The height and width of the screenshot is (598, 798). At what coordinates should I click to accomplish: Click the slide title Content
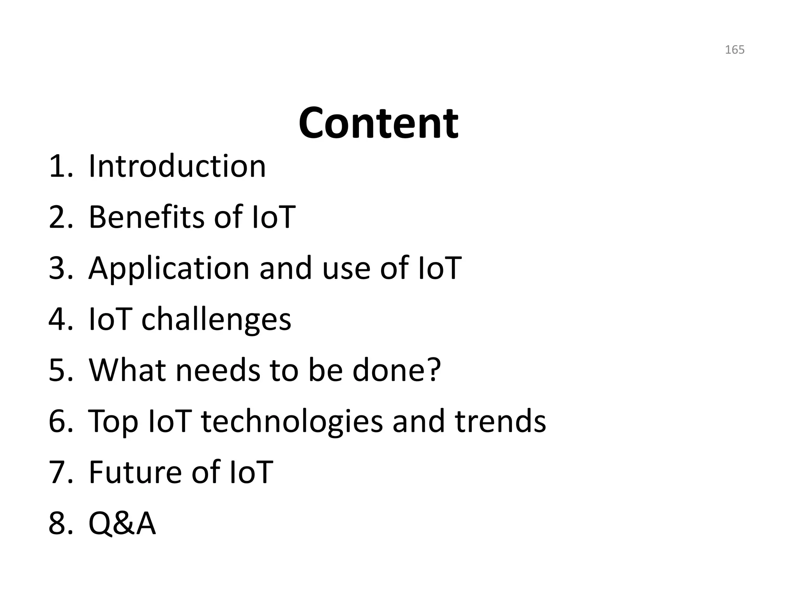378,123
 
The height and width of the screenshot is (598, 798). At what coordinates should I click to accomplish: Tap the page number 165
734,50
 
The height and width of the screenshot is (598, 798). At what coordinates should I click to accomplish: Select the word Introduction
177,166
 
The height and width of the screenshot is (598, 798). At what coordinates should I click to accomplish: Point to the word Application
169,269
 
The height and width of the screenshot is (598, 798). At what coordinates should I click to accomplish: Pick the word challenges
216,320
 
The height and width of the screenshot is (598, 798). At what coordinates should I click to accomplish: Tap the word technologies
292,422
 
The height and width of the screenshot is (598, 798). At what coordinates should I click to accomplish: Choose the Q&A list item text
122,523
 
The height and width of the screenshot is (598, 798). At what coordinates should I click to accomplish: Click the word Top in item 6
113,422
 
